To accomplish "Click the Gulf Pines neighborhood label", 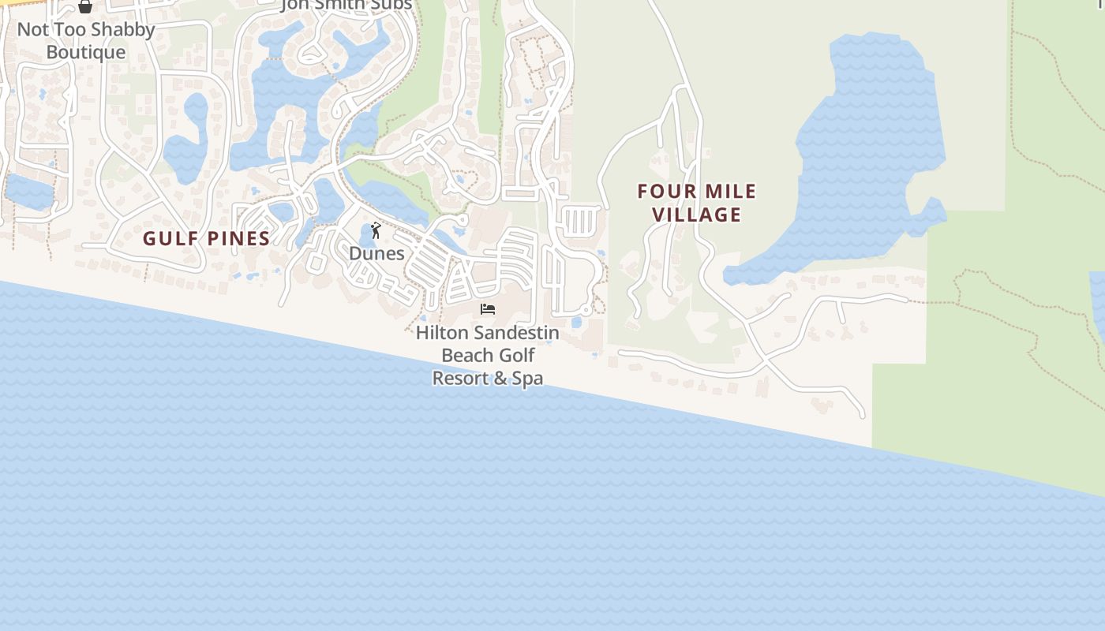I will (x=207, y=238).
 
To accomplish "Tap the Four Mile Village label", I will (x=697, y=203).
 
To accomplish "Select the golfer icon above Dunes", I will (x=376, y=230).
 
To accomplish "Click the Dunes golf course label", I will (x=376, y=253).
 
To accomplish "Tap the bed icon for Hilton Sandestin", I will (x=488, y=308).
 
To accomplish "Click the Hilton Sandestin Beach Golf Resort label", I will (x=488, y=355).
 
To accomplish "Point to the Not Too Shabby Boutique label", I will (x=86, y=41).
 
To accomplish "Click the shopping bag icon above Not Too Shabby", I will (x=85, y=7).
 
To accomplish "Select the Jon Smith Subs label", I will (x=347, y=6).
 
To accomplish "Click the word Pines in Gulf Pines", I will (x=237, y=238).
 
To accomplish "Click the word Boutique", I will (x=86, y=52).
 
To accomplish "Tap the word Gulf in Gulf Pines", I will (x=169, y=238).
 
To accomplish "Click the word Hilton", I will (x=442, y=333).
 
